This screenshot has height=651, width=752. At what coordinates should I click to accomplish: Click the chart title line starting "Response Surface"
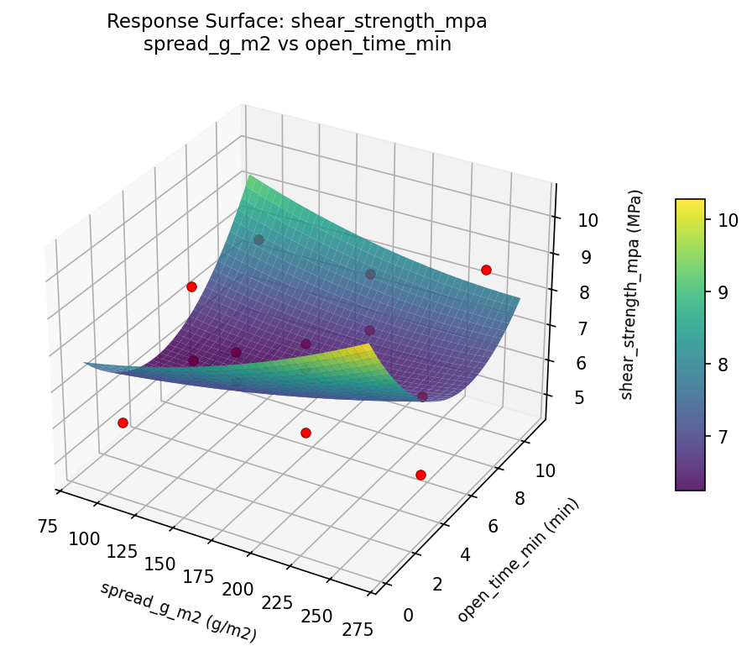coord(296,22)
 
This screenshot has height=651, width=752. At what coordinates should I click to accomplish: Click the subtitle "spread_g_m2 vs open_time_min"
coord(296,45)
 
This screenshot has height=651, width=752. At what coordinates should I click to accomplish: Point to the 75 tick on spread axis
coord(47,527)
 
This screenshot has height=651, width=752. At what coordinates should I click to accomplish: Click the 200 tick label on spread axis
coord(238,591)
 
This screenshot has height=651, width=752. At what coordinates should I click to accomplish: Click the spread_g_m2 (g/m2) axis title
coord(178,612)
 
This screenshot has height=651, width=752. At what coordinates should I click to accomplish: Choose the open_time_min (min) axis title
coord(518,559)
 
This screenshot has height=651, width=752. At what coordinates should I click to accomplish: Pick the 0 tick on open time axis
coord(409,616)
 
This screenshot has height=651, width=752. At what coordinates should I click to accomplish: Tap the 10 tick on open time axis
coord(545,471)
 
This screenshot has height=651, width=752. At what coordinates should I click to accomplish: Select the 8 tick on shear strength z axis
coord(572,292)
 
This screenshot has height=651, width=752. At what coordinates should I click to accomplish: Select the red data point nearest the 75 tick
coord(123,423)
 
